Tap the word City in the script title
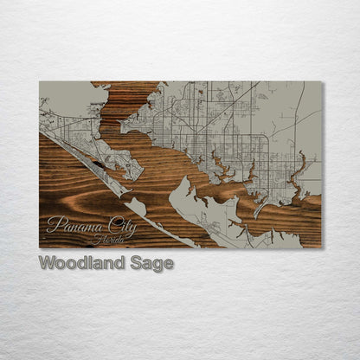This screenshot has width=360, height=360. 122,225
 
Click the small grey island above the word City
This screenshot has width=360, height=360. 137,205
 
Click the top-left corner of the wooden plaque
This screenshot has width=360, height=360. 40,82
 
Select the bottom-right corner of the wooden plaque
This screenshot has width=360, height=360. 321,247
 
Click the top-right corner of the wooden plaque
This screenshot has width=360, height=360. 321,82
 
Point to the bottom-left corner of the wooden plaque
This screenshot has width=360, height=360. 40,247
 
